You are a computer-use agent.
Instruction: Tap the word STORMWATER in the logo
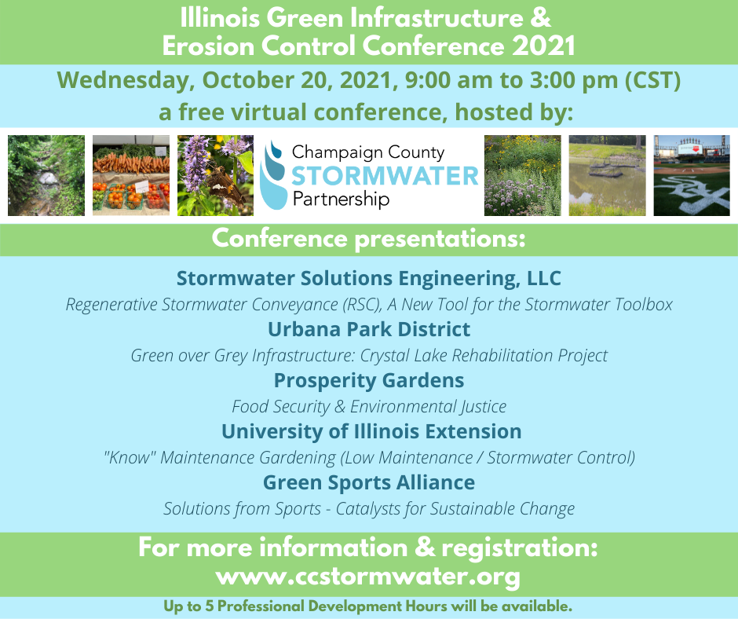pyautogui.click(x=385, y=176)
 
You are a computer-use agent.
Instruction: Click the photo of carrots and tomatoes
pyautogui.click(x=131, y=175)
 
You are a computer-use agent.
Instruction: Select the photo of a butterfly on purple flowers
pyautogui.click(x=216, y=175)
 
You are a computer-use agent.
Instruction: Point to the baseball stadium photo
pyautogui.click(x=692, y=175)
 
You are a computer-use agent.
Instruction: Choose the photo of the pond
pyautogui.click(x=607, y=175)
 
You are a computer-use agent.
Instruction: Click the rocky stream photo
pyautogui.click(x=46, y=175)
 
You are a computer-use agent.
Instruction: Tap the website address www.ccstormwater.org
pyautogui.click(x=368, y=577)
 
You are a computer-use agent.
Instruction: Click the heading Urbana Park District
pyautogui.click(x=369, y=329)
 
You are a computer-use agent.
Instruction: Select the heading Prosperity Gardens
pyautogui.click(x=369, y=381)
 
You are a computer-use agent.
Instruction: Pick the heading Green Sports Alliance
pyautogui.click(x=369, y=483)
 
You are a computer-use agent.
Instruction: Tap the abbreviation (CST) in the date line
pyautogui.click(x=652, y=81)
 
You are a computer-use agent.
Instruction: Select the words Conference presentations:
pyautogui.click(x=368, y=239)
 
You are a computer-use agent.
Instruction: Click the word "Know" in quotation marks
pyautogui.click(x=130, y=457)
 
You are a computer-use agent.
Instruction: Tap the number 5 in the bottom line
pyautogui.click(x=209, y=606)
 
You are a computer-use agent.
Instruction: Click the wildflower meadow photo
pyautogui.click(x=522, y=175)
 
